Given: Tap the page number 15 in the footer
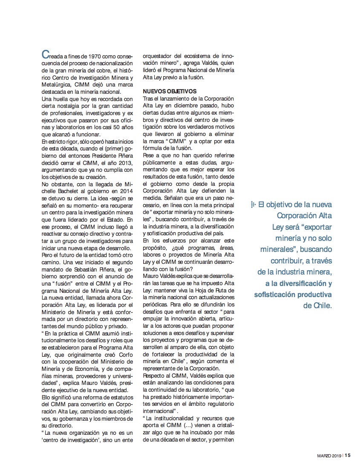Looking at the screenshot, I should (348, 455).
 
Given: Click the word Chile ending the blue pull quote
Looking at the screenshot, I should (321, 306).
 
